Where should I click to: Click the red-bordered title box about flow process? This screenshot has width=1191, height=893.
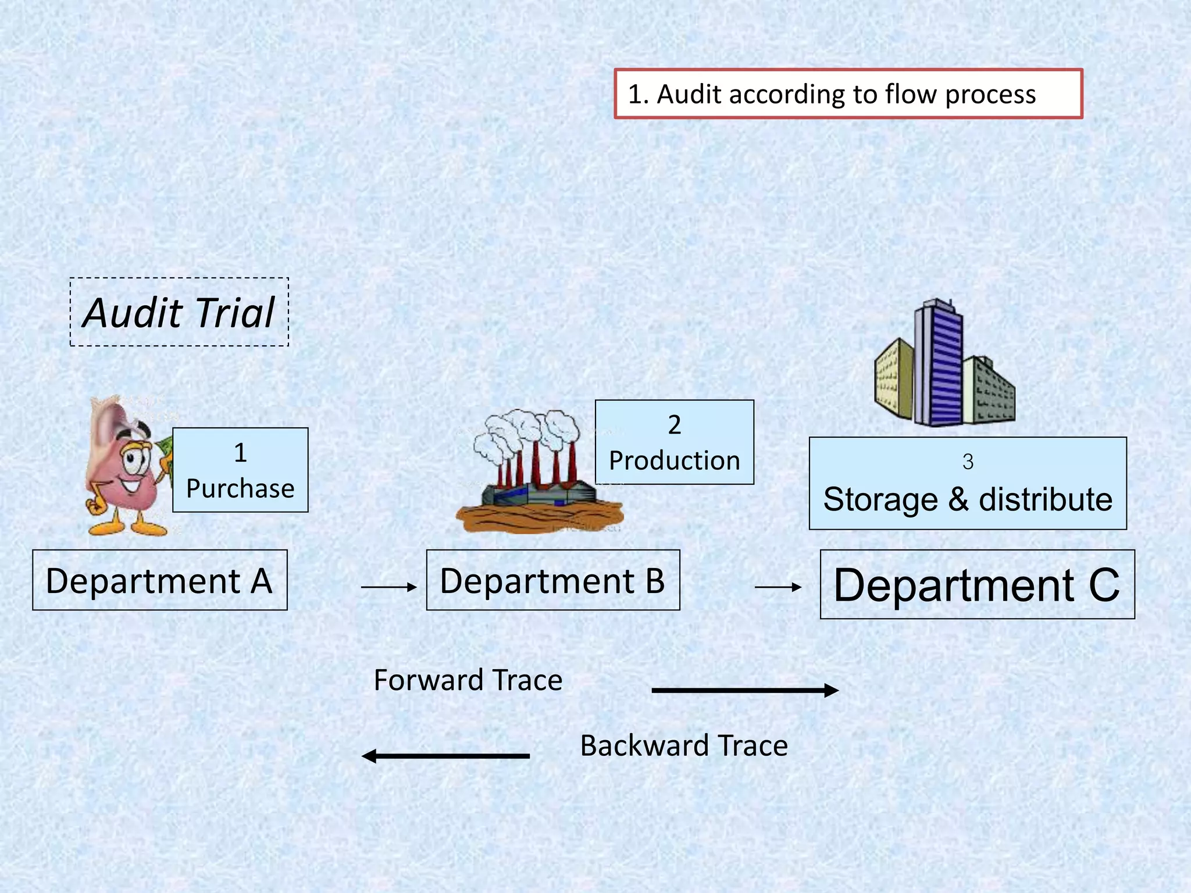click(x=848, y=94)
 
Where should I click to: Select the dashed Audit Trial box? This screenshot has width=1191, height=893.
click(x=179, y=312)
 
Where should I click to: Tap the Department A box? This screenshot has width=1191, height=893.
click(x=159, y=580)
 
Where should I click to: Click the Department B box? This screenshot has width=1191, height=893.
click(x=552, y=580)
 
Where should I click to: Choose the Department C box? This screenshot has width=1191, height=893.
click(x=977, y=584)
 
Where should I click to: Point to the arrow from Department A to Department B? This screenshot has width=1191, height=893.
click(x=388, y=587)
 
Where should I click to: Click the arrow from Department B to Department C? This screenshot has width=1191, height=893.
click(x=778, y=587)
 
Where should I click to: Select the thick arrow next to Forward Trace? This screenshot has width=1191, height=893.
click(x=744, y=690)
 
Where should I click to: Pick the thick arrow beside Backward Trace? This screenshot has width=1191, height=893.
click(x=445, y=756)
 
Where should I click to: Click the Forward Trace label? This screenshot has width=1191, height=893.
click(x=468, y=680)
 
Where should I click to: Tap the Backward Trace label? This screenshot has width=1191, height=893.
click(x=684, y=745)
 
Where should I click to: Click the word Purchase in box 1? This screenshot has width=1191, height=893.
click(x=240, y=488)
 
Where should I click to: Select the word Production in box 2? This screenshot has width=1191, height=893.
click(x=675, y=460)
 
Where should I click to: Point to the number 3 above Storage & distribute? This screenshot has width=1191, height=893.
click(x=968, y=462)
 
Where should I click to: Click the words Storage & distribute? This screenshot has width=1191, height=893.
click(x=968, y=499)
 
